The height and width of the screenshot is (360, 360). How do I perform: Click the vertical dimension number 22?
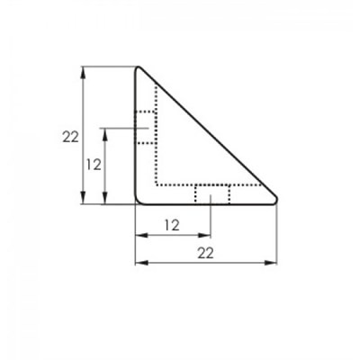point(70,137)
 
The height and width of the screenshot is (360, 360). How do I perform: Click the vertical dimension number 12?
point(94,165)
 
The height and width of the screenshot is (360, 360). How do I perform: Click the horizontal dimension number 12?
point(172,225)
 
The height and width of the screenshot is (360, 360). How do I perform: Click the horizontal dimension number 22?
point(205,253)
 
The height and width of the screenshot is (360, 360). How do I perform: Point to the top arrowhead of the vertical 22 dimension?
point(84,73)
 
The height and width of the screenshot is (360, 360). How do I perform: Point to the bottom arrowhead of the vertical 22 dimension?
point(84,198)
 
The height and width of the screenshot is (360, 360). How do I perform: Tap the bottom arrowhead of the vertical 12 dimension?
point(104,198)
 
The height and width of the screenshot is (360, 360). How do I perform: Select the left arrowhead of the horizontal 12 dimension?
point(141,236)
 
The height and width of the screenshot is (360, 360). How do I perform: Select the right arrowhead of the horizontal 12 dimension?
point(204,236)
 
